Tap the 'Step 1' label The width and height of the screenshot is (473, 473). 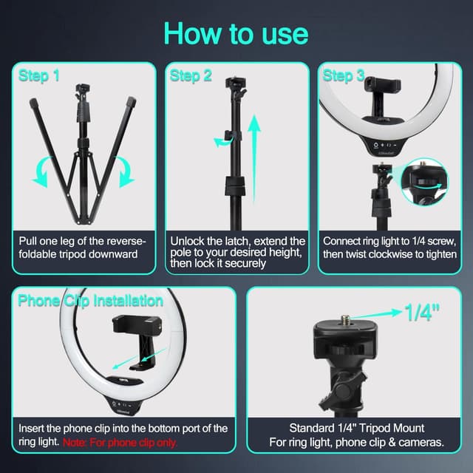pyautogui.click(x=39, y=76)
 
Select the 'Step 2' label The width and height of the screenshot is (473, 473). pyautogui.click(x=191, y=76)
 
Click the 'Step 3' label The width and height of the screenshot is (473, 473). pyautogui.click(x=343, y=76)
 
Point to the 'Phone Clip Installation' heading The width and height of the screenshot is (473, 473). pyautogui.click(x=90, y=301)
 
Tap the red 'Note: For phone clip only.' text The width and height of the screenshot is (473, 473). pyautogui.click(x=131, y=442)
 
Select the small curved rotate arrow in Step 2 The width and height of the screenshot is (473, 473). pyautogui.click(x=222, y=141)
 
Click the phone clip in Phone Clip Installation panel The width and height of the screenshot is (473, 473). pyautogui.click(x=133, y=340)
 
